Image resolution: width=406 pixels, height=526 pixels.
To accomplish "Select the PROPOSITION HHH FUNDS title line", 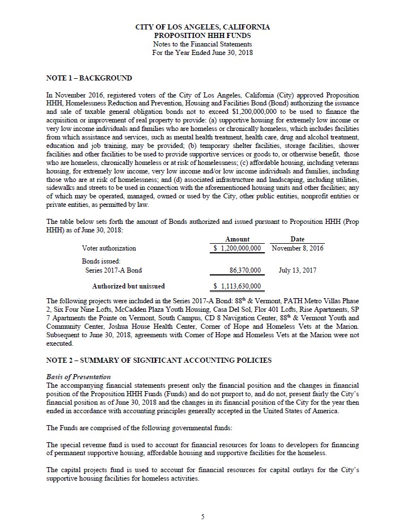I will click(x=202, y=35).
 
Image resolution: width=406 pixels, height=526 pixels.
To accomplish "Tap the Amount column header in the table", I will click(x=237, y=239).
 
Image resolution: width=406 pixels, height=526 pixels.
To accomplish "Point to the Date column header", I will click(x=297, y=239).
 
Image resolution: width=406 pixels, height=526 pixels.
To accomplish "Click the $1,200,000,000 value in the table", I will click(x=238, y=248).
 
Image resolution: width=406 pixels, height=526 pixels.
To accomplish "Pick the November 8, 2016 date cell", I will click(x=298, y=248).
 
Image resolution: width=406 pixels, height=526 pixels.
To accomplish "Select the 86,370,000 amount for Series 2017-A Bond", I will click(x=245, y=270).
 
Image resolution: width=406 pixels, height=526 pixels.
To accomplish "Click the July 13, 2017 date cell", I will click(x=298, y=270).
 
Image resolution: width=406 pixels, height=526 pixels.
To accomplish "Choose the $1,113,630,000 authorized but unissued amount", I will click(x=238, y=286).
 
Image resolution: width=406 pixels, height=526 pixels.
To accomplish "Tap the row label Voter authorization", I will click(x=109, y=248).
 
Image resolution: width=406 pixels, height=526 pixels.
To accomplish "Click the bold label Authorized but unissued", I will click(x=129, y=286).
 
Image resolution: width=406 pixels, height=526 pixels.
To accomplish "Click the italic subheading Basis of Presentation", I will click(x=78, y=377).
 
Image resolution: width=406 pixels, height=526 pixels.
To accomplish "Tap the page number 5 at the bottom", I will click(x=202, y=516).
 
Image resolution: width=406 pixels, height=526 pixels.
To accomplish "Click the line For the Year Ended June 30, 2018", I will click(x=202, y=52).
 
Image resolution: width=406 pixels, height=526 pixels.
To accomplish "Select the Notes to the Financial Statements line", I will click(x=202, y=44).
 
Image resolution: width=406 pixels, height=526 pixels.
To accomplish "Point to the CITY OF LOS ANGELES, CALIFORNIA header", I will click(x=202, y=27).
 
